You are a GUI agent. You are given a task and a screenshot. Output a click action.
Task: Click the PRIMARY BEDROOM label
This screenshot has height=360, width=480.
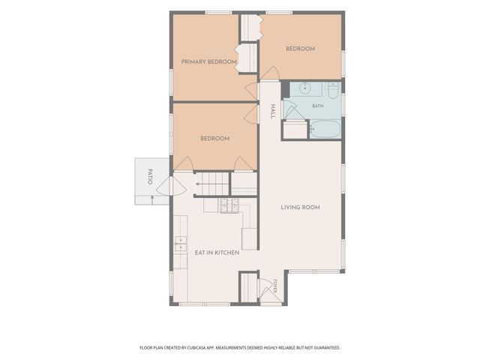click(x=208, y=61)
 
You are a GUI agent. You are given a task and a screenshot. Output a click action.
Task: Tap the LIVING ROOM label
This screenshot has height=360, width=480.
click(x=300, y=207)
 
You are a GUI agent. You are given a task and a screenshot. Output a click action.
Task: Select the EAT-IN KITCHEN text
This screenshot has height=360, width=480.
click(x=217, y=253)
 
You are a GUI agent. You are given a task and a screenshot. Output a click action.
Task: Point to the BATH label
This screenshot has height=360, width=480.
click(x=318, y=106)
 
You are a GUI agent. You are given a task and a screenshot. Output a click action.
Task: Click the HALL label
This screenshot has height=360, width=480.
click(x=273, y=112)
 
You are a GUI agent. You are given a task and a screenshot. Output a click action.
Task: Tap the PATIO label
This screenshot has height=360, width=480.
click(x=150, y=176)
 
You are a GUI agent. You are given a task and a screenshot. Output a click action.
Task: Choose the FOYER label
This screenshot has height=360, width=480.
click(x=275, y=286)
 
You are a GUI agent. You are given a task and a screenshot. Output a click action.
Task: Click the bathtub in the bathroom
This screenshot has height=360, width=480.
click(x=325, y=129)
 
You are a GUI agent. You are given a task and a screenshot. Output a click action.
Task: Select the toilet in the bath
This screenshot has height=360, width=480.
click(x=333, y=91)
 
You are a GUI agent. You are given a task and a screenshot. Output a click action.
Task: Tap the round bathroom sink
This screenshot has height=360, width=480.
click(x=305, y=88)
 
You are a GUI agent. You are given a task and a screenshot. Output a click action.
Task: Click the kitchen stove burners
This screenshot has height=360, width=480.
click(x=229, y=205)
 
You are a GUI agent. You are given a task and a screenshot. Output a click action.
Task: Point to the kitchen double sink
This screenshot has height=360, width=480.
click(x=180, y=244)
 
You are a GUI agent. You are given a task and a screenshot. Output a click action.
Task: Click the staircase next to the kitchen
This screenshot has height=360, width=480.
click(x=211, y=184)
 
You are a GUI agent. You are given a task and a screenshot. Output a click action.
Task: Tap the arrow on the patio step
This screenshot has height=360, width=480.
click(x=152, y=199)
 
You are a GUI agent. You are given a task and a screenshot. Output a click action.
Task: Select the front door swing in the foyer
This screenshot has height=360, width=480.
click(x=265, y=288)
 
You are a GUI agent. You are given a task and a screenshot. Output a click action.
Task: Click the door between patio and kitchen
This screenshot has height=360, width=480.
click(x=172, y=186)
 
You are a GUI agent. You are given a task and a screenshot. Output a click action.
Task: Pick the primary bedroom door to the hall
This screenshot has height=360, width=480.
click(x=252, y=91)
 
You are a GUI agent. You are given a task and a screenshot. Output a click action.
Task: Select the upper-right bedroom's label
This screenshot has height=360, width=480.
click(x=300, y=49)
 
